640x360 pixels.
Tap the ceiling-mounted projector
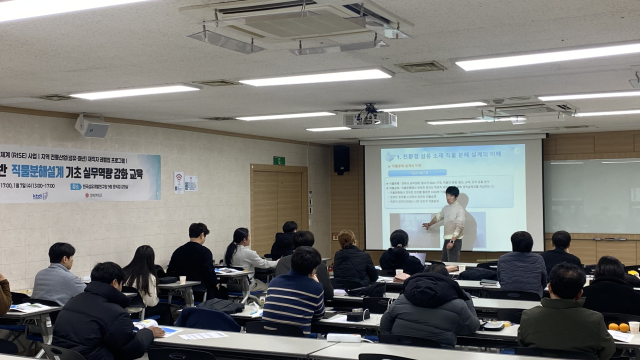pyautogui.click(x=370, y=118)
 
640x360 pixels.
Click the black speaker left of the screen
pyautogui.click(x=342, y=159)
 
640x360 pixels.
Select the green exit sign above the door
pyautogui.click(x=279, y=160)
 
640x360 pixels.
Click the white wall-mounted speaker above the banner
pyautogui.click(x=92, y=127)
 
